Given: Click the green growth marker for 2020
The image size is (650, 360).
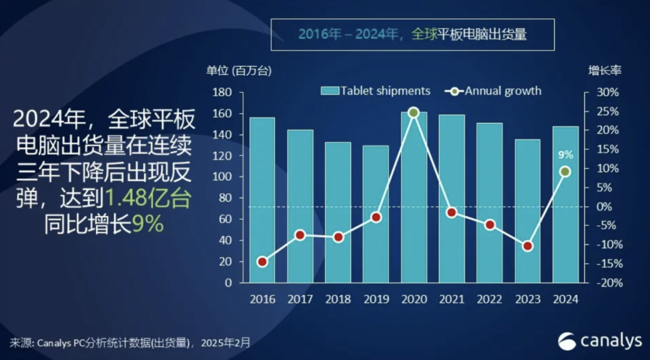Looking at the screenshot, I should coord(413,113).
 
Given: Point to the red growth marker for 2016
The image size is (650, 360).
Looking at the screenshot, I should coord(262,261).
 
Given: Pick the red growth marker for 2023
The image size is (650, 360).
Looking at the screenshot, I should coord(527,246).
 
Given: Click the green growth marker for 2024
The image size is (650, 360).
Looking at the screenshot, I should coord(565,172).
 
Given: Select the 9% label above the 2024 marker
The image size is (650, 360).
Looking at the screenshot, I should coord(565,155).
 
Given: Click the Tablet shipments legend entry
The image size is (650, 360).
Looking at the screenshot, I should coord(376,91).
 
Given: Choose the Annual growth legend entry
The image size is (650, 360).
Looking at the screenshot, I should coord(494,91).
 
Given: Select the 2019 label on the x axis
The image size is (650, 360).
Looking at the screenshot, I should coord(376,300).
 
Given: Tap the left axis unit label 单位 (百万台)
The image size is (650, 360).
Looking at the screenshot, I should coord(239,70).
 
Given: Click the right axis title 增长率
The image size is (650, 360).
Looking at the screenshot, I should coord(604,70).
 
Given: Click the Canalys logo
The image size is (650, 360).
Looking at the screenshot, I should coord(599,341).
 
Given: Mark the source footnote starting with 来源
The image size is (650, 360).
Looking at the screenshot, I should coord(129,343).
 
